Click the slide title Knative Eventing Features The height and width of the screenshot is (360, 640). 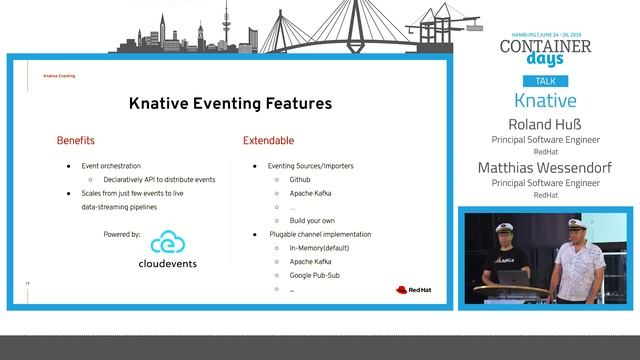pos(230,104)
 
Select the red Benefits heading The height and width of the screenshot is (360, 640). pos(75,141)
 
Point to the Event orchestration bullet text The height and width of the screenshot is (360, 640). pos(111,165)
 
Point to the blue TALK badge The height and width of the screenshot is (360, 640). pos(544,81)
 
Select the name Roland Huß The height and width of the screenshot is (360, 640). pos(545,125)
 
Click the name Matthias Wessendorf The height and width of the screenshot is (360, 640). pos(545,168)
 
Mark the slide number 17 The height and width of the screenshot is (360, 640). pos(28,284)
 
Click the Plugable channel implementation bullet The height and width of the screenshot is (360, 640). pos(320,234)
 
